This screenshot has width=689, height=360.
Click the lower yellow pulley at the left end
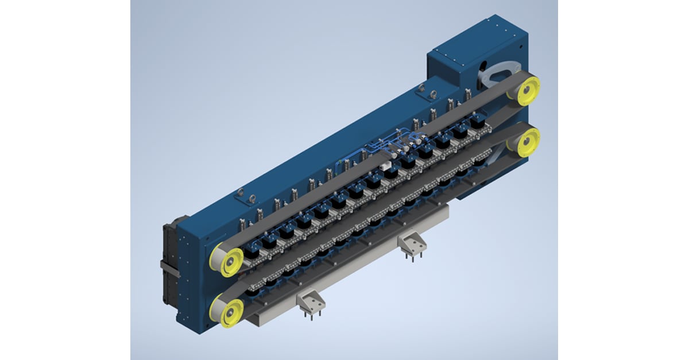pyautogui.click(x=229, y=309)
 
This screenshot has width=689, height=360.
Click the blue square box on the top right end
pyautogui.click(x=459, y=57)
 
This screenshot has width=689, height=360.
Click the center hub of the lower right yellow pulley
pyautogui.click(x=527, y=140)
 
